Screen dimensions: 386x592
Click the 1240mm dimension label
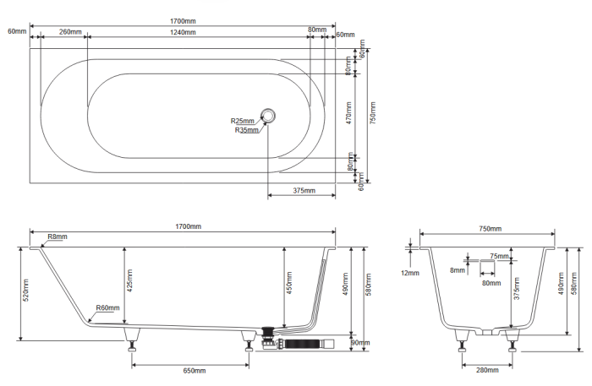[x=183, y=32]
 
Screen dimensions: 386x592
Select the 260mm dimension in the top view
[x=70, y=32]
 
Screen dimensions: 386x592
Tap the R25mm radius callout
[x=243, y=121]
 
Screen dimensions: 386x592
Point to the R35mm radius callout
[x=247, y=130]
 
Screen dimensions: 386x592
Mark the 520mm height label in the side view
[x=26, y=291]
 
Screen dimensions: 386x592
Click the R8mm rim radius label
[x=58, y=237]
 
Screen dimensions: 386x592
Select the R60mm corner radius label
[x=107, y=307]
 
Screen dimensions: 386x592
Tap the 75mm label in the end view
[x=499, y=256]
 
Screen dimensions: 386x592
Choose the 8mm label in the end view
[x=458, y=270]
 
